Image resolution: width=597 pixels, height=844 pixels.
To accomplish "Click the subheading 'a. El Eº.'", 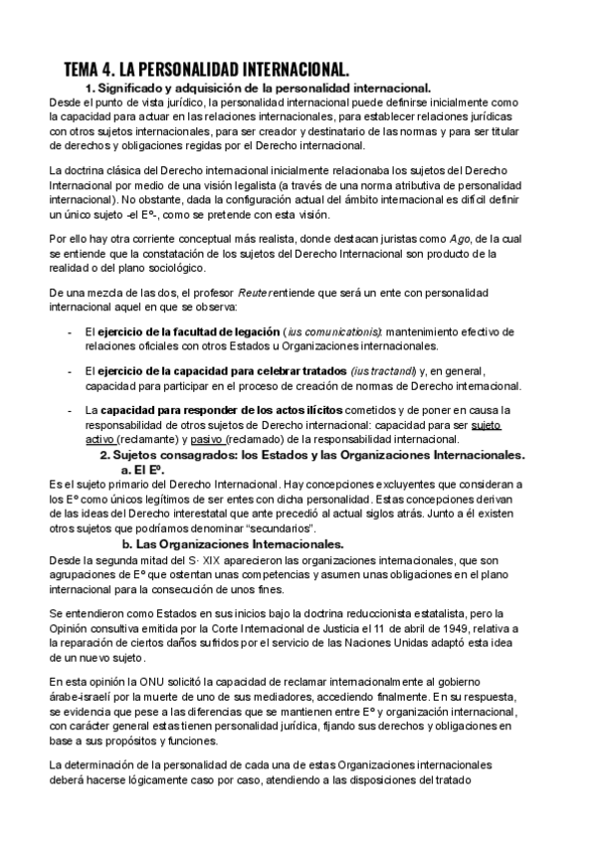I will (x=142, y=470).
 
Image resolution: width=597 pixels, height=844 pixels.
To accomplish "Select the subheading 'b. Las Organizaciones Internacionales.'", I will (x=233, y=544).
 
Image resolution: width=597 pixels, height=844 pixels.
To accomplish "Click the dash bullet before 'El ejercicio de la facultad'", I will (x=69, y=331).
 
